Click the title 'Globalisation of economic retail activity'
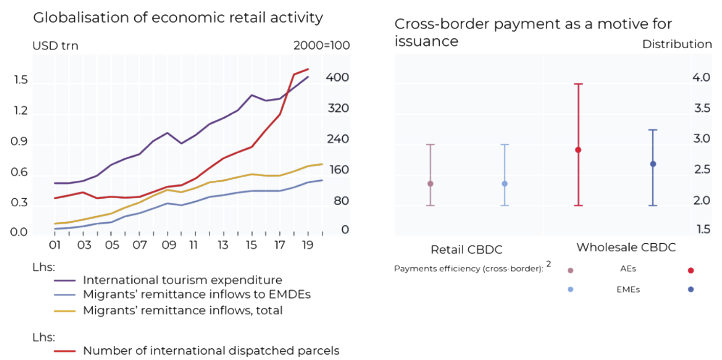click(x=178, y=18)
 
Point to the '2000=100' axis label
click(x=321, y=46)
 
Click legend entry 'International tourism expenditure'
click(x=182, y=280)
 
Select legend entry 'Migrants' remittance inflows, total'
click(x=182, y=310)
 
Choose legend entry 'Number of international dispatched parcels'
click(x=211, y=351)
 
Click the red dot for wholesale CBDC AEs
click(x=578, y=150)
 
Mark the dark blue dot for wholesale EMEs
click(x=653, y=164)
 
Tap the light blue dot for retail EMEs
click(x=505, y=183)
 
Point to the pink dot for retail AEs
click(x=430, y=183)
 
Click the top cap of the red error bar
click(x=578, y=84)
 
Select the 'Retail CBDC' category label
click(x=466, y=250)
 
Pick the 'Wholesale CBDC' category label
click(x=626, y=247)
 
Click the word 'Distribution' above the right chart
click(x=677, y=45)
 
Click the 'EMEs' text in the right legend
click(x=628, y=289)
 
